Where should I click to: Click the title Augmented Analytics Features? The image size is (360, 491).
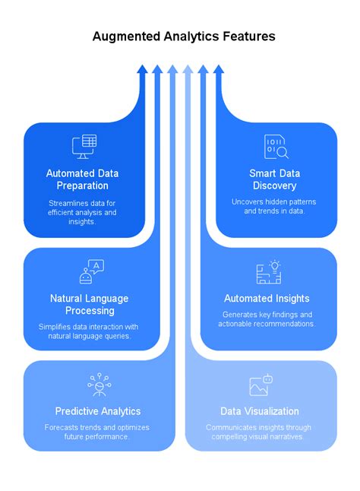pyautogui.click(x=183, y=36)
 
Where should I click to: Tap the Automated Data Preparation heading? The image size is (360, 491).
pyautogui.click(x=82, y=179)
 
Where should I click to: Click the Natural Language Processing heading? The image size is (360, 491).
pyautogui.click(x=89, y=304)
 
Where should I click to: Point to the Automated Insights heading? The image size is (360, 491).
pyautogui.click(x=267, y=298)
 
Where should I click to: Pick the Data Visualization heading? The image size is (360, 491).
pyautogui.click(x=259, y=411)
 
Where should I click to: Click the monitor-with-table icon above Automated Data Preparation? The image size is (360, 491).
pyautogui.click(x=84, y=146)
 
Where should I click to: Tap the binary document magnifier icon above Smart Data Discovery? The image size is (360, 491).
pyautogui.click(x=276, y=146)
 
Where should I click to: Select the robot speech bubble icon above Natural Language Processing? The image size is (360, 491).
pyautogui.click(x=92, y=271)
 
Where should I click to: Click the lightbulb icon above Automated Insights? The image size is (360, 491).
pyautogui.click(x=268, y=271)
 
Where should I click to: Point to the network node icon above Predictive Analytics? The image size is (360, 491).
pyautogui.click(x=99, y=385)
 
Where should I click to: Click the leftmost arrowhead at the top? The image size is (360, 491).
pyautogui.click(x=142, y=70)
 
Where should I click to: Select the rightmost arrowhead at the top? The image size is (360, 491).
pyautogui.click(x=219, y=70)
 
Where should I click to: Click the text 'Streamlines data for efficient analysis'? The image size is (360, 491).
pyautogui.click(x=82, y=212)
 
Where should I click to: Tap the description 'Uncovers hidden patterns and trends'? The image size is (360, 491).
pyautogui.click(x=273, y=206)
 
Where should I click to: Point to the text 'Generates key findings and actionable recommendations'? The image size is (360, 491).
pyautogui.click(x=267, y=319)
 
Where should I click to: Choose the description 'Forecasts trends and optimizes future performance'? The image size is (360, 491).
pyautogui.click(x=96, y=432)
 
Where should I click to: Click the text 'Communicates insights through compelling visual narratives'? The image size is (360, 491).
pyautogui.click(x=259, y=432)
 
